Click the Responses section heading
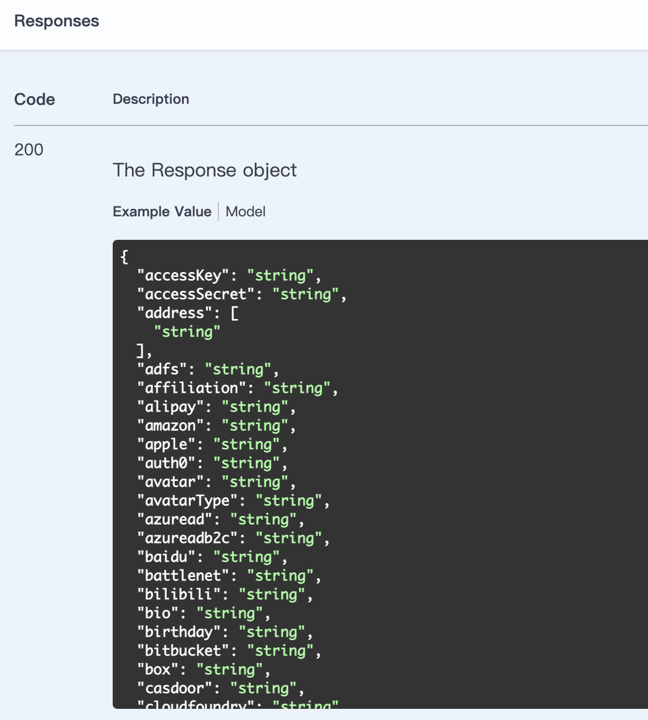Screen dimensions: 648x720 (x=56, y=21)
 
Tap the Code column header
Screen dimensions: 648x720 (x=35, y=100)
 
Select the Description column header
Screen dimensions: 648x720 (x=151, y=100)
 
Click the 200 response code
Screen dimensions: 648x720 (x=29, y=150)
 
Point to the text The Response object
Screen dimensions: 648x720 (x=204, y=170)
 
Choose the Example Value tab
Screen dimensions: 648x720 (x=162, y=212)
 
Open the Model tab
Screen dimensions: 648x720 (x=245, y=212)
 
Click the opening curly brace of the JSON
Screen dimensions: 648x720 (x=124, y=257)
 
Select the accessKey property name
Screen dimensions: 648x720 (x=183, y=276)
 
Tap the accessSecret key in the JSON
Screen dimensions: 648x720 (x=196, y=294)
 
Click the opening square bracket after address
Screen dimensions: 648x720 (x=234, y=313)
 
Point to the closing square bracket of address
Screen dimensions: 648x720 (x=140, y=351)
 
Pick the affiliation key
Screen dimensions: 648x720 (x=191, y=388)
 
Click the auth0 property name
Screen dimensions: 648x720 (x=166, y=463)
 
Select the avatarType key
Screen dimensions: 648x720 (x=187, y=501)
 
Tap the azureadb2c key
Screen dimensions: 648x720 (x=187, y=538)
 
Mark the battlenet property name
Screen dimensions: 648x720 (x=183, y=576)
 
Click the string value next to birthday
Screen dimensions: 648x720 (x=272, y=632)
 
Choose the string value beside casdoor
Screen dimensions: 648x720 (x=264, y=688)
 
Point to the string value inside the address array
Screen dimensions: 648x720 (x=187, y=332)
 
